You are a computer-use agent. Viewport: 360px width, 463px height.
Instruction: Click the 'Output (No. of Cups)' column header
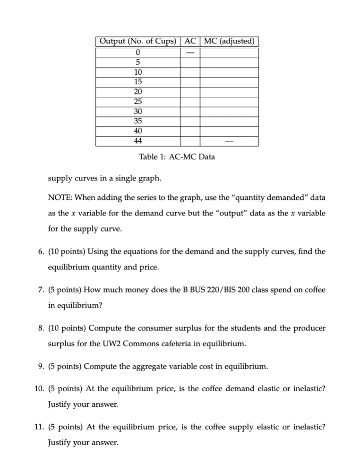tap(137, 41)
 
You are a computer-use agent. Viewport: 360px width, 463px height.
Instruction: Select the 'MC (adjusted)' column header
tap(229, 41)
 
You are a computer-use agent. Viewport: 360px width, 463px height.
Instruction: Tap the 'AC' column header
tap(190, 41)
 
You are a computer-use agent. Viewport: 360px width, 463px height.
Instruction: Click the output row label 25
tap(137, 101)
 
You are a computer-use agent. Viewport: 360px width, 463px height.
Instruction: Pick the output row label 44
tap(137, 141)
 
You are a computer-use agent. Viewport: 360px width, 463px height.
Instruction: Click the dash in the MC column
tap(229, 141)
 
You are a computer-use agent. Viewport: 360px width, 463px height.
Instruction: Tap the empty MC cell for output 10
tap(229, 72)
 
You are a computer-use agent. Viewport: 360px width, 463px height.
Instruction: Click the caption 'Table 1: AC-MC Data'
tap(177, 157)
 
